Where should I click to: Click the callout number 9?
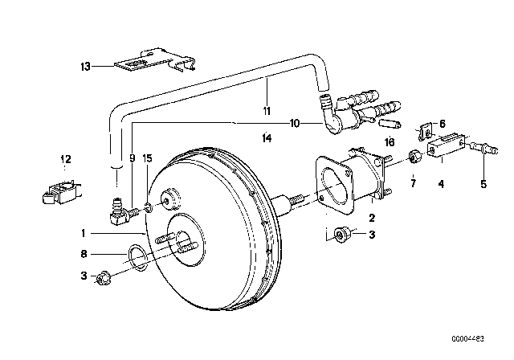(x=132, y=159)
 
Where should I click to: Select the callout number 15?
(x=147, y=159)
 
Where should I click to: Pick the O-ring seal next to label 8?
(x=137, y=259)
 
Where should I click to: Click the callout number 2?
(x=370, y=217)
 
